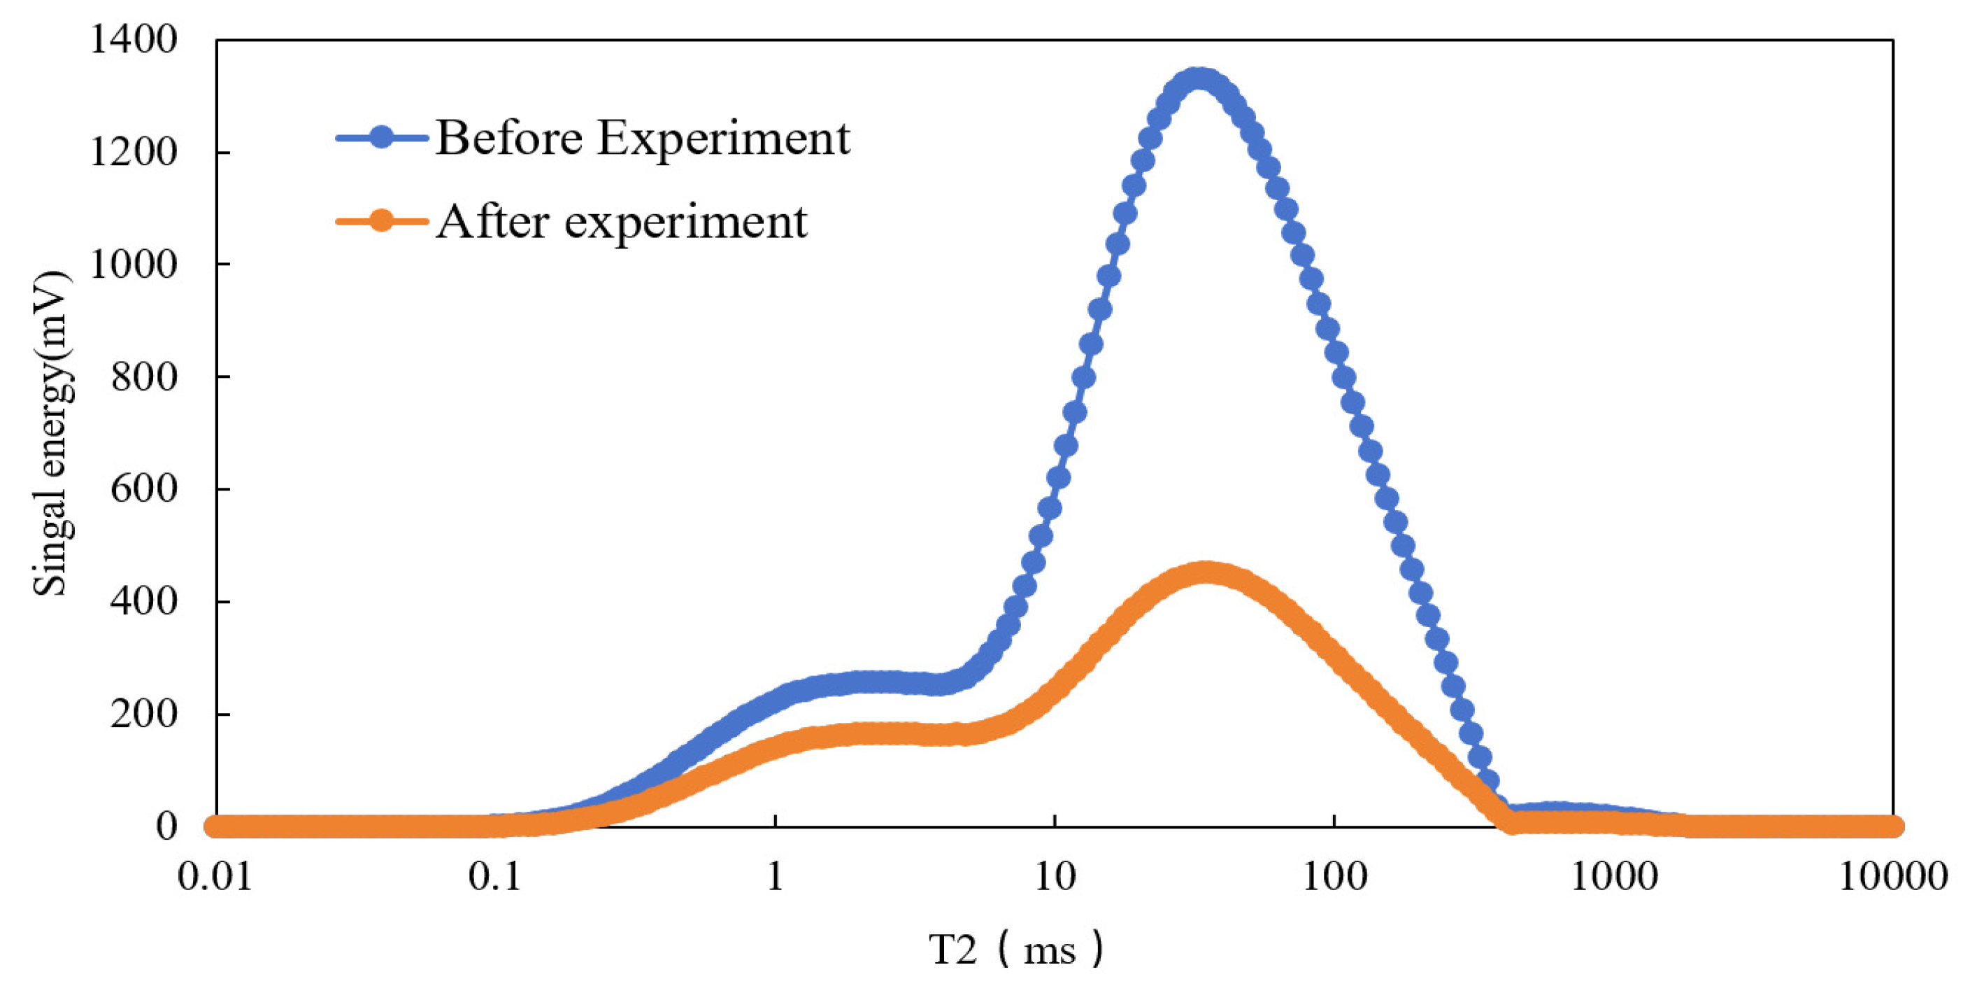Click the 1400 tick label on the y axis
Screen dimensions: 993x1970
[x=133, y=40]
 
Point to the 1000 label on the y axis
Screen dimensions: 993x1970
[x=133, y=265]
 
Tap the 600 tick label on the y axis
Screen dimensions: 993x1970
[x=143, y=489]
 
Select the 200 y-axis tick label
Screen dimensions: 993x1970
[x=143, y=714]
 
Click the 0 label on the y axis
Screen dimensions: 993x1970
[x=166, y=826]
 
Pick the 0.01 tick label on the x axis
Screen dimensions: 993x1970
[x=215, y=877]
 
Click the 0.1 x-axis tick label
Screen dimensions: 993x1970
[x=495, y=877]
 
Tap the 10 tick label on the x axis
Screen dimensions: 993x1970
[x=1055, y=877]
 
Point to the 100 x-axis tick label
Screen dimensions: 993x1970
[x=1334, y=877]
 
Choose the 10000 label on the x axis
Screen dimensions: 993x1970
[x=1892, y=877]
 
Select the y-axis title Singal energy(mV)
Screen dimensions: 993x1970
[x=52, y=433]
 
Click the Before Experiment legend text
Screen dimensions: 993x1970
[x=643, y=139]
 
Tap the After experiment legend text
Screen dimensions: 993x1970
[x=621, y=223]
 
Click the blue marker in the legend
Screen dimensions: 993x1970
[x=382, y=138]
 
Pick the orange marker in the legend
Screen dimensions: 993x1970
[x=382, y=222]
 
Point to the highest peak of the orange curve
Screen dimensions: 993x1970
[x=1205, y=573]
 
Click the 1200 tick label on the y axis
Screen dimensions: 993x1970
[x=133, y=153]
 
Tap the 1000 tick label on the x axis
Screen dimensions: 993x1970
[x=1613, y=877]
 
